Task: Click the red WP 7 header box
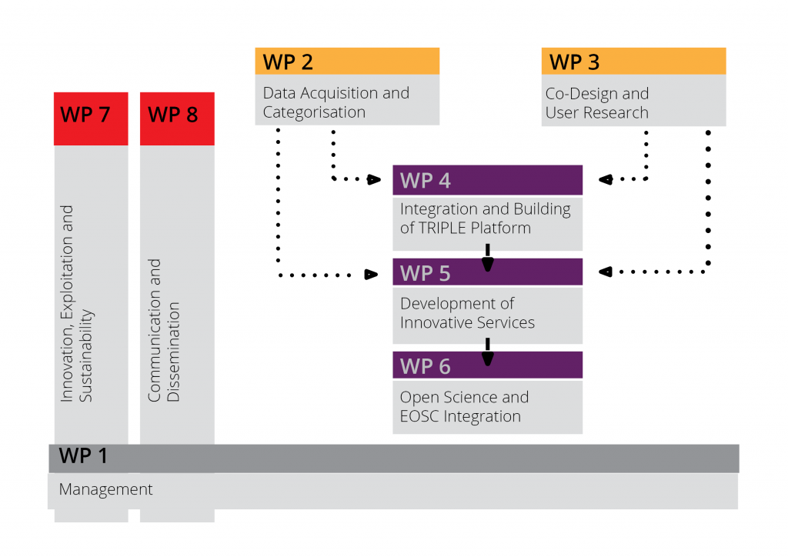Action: (x=91, y=118)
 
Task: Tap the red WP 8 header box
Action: (x=177, y=118)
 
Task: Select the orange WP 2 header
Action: (x=347, y=62)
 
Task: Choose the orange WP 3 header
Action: (x=633, y=62)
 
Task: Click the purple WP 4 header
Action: (x=487, y=180)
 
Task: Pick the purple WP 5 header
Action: (x=487, y=272)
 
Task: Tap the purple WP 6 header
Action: (x=487, y=365)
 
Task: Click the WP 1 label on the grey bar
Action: (x=84, y=455)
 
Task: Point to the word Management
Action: (x=106, y=489)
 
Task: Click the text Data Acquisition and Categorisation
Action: (x=336, y=102)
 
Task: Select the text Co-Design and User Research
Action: (x=597, y=103)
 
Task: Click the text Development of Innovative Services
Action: (x=467, y=313)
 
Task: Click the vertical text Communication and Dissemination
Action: (x=164, y=331)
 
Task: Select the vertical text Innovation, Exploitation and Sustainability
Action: (x=77, y=303)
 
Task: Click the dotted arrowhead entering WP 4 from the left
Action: (x=374, y=180)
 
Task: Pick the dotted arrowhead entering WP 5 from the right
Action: (x=605, y=271)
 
